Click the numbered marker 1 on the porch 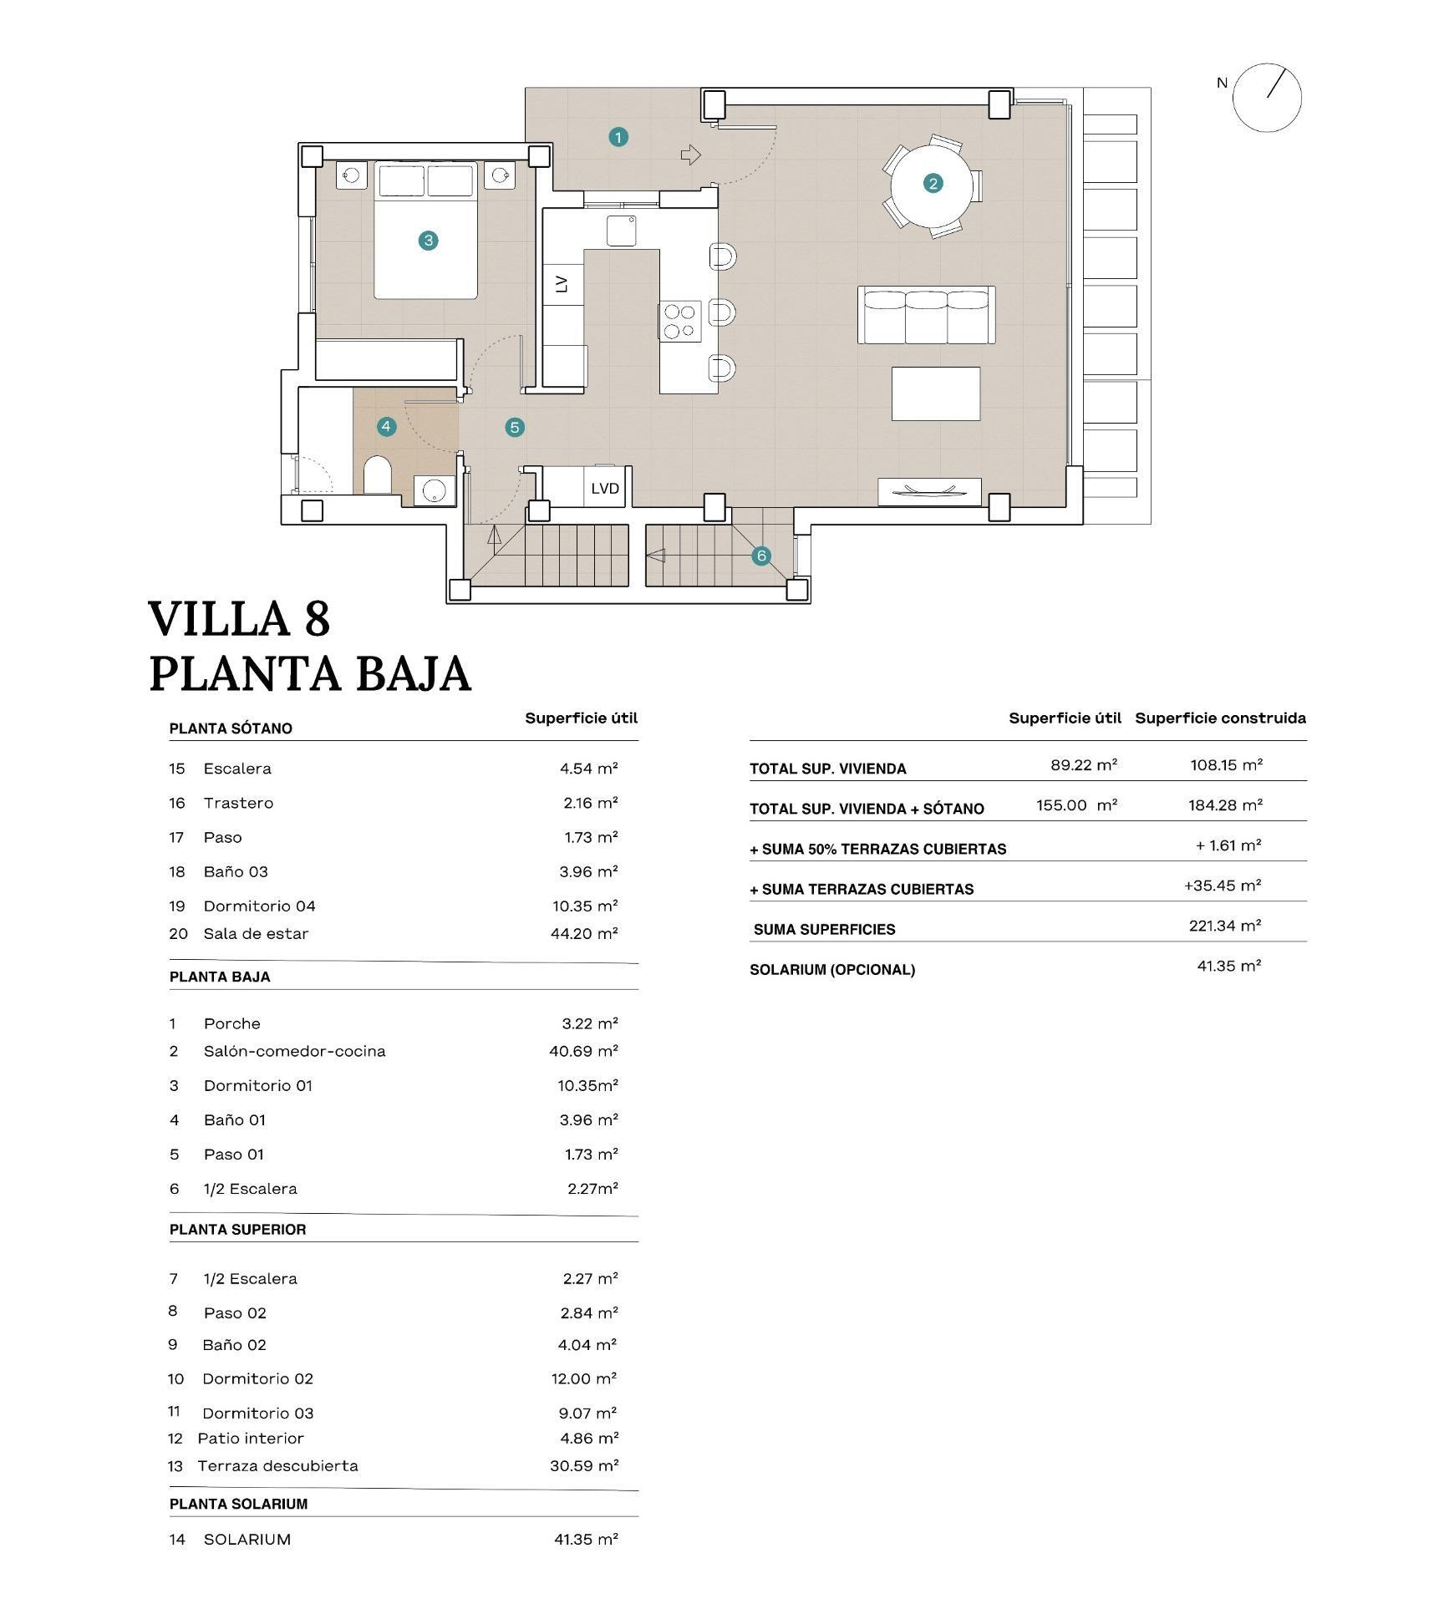[618, 137]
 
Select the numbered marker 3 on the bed [428, 241]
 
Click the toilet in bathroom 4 [377, 476]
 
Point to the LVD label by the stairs [604, 489]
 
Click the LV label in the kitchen [562, 284]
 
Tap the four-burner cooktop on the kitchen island [679, 322]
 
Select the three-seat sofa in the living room [926, 315]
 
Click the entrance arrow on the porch [690, 155]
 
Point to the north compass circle [1267, 98]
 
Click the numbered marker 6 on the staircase [760, 556]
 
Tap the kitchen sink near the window [621, 231]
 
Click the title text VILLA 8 [239, 619]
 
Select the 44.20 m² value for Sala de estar [583, 934]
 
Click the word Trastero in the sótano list [238, 803]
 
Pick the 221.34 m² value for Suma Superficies [1224, 926]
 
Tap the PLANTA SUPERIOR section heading [237, 1230]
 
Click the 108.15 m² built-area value [1226, 764]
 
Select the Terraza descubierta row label [277, 1466]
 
